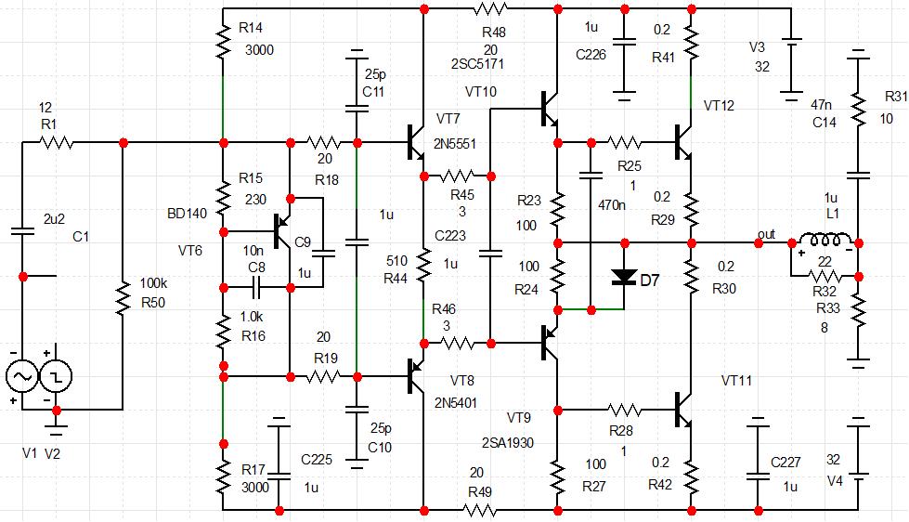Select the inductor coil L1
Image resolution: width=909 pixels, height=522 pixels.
point(824,241)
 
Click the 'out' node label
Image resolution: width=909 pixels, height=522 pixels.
point(766,233)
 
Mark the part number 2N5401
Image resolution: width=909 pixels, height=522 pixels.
point(455,403)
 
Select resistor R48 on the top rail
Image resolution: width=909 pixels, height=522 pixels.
point(490,9)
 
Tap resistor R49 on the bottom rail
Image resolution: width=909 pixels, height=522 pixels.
point(480,509)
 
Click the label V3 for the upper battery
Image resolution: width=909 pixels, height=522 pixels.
point(757,46)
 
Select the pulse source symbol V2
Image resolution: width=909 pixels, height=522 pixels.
point(56,375)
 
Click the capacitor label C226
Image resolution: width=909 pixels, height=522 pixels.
point(591,55)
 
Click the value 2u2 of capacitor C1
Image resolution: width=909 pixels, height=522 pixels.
point(54,218)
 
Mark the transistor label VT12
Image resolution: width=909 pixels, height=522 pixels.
point(719,106)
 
